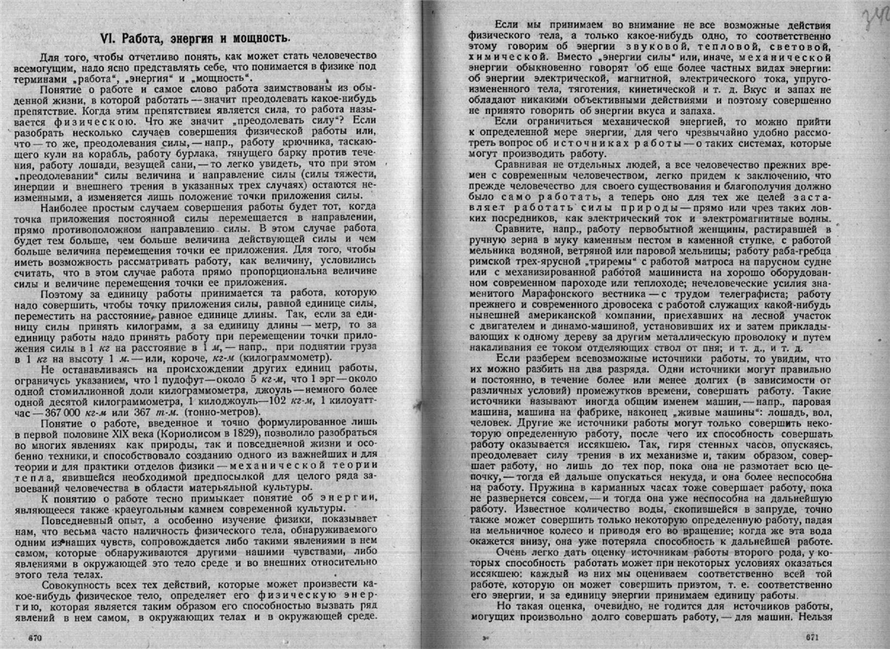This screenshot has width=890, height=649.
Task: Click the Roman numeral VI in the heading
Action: (x=110, y=38)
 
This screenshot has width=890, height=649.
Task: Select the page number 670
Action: (x=34, y=637)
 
